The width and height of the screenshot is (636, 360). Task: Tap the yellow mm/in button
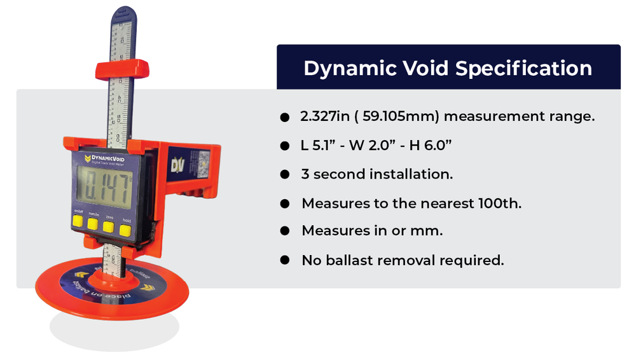[93, 224]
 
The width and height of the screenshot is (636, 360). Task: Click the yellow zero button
[109, 225]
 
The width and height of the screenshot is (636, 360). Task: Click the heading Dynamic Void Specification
[448, 68]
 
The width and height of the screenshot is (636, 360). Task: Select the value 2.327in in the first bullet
[323, 117]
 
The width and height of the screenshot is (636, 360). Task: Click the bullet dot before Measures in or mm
[284, 232]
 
